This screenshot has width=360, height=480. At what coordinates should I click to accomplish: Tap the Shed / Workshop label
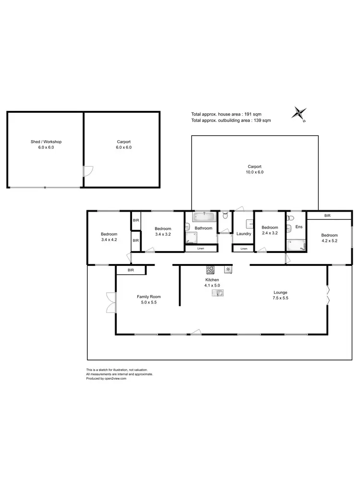click(46, 142)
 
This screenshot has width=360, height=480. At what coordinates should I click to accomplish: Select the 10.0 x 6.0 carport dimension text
click(254, 172)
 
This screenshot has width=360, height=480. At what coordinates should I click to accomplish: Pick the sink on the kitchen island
click(218, 292)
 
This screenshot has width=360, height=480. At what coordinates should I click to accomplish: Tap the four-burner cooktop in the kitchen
click(210, 269)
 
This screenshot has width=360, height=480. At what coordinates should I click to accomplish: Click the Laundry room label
click(244, 234)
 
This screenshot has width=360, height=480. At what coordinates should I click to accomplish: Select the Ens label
click(299, 227)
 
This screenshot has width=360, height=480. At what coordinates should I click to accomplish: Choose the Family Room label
click(149, 297)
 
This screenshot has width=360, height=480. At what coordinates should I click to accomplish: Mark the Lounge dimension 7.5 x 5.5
click(281, 298)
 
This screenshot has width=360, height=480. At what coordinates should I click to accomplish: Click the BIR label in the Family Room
click(131, 271)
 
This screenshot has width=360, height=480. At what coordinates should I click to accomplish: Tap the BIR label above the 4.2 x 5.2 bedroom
click(327, 216)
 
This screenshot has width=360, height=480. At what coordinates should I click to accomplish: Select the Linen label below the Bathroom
click(201, 248)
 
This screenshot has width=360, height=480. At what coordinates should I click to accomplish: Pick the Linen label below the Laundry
click(244, 249)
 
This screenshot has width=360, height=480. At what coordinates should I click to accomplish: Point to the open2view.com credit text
click(113, 378)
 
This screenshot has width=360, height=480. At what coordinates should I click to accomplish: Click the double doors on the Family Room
click(112, 303)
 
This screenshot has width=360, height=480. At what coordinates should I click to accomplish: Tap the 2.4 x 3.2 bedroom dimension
click(270, 234)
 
